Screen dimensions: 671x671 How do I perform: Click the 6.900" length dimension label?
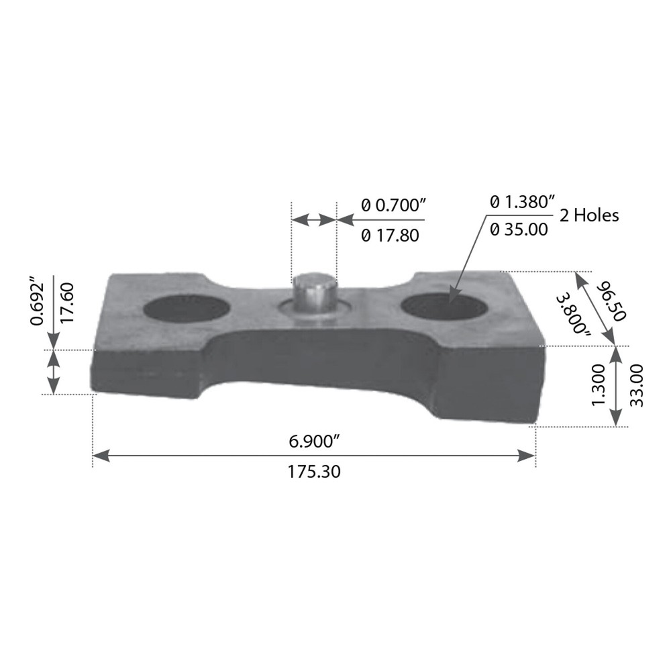point(314,442)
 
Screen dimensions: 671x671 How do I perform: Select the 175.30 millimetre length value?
point(314,472)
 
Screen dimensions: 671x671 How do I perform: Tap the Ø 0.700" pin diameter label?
point(394,205)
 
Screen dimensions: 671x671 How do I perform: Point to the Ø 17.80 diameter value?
point(390,236)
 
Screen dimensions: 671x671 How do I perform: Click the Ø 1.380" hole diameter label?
point(523,201)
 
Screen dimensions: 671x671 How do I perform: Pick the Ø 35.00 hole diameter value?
point(519,229)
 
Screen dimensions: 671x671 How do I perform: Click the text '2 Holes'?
point(589,215)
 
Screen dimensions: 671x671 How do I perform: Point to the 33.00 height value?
point(636,385)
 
